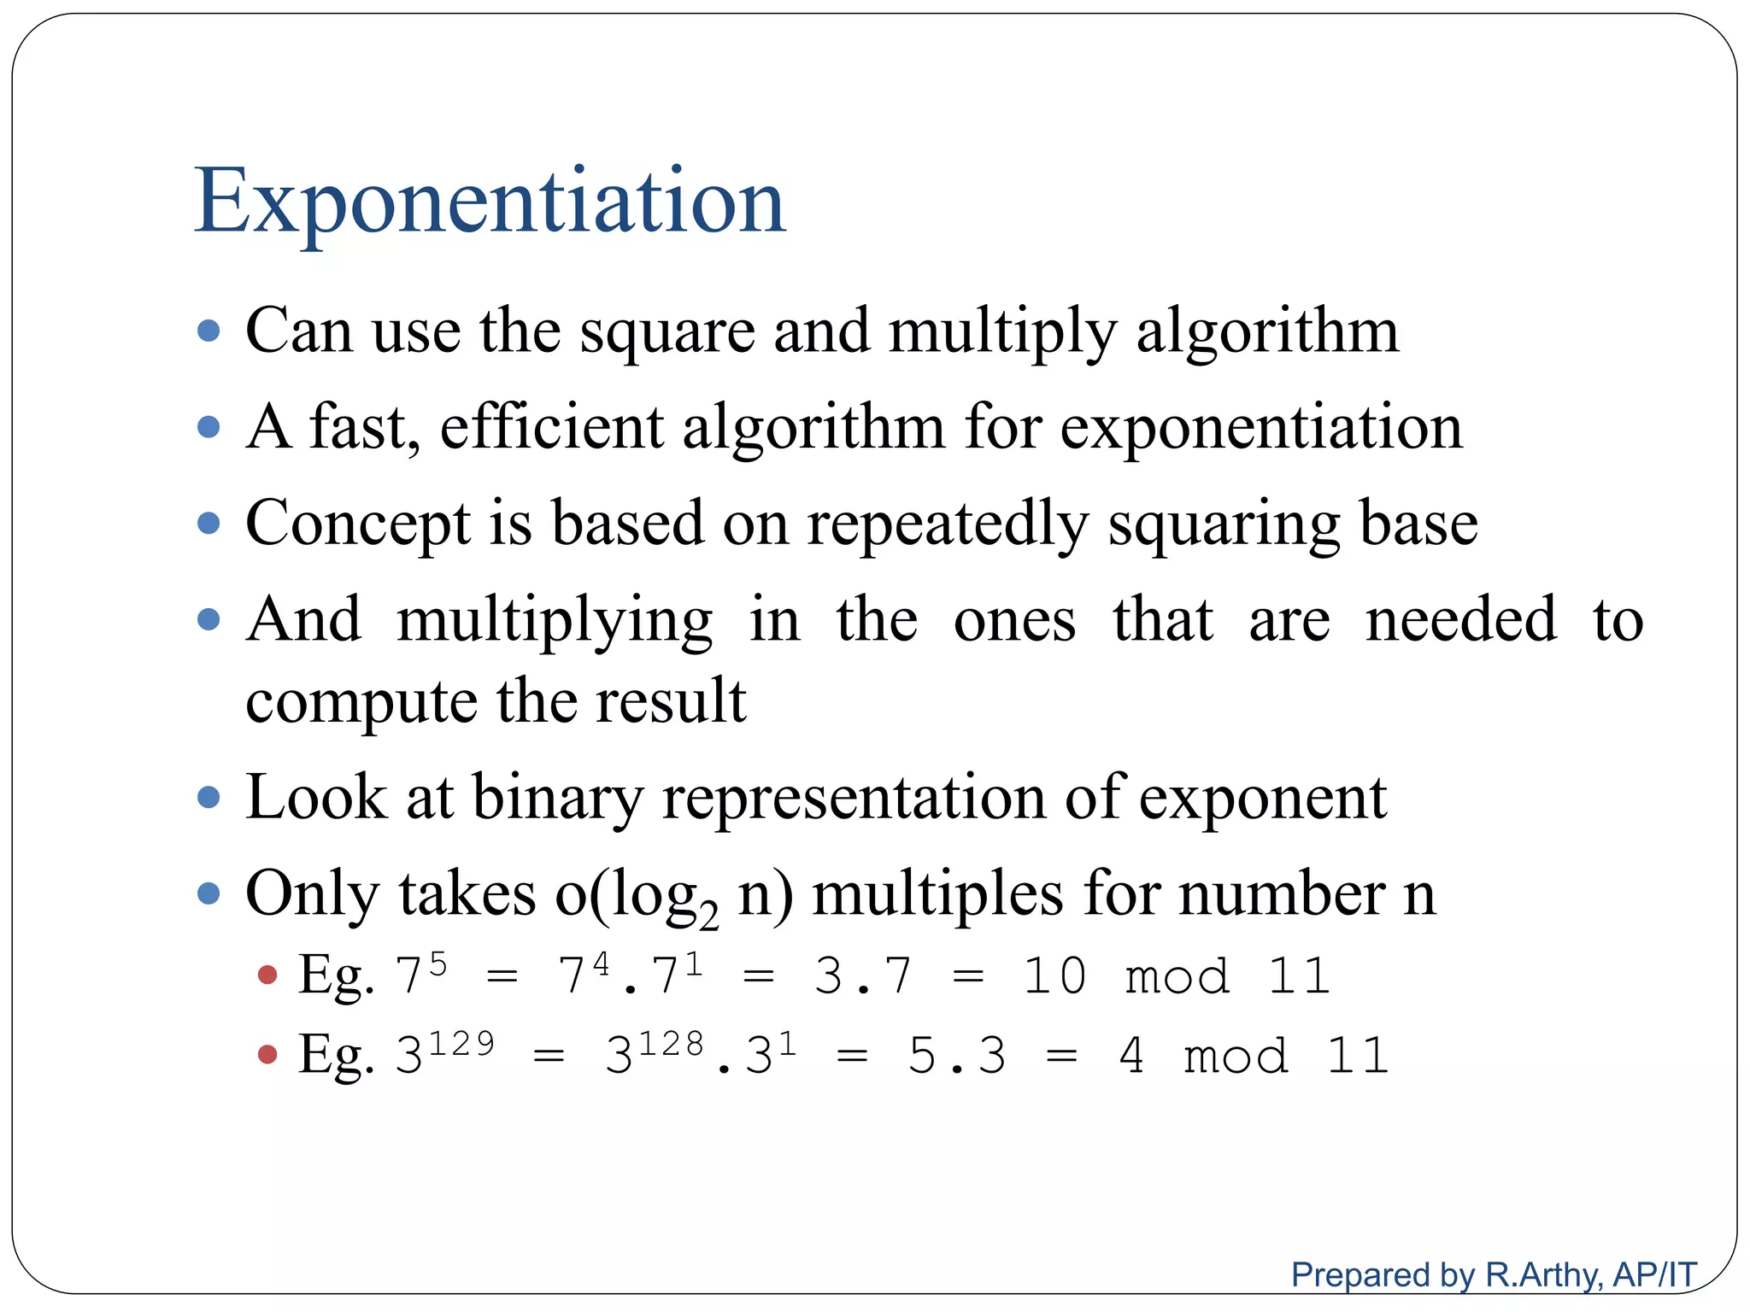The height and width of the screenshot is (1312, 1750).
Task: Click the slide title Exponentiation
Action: tap(490, 202)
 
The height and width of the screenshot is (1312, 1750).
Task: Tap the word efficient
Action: tap(551, 427)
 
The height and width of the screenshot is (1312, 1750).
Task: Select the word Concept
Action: tap(357, 524)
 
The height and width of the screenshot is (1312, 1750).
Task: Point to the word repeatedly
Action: tap(948, 524)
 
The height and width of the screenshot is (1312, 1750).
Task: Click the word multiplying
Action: tap(555, 621)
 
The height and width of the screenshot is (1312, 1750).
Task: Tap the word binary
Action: tap(556, 799)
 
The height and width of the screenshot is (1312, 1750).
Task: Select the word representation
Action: tap(854, 799)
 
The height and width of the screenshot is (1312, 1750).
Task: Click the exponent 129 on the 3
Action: tap(461, 1044)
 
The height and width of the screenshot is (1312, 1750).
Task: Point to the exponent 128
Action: tap(671, 1044)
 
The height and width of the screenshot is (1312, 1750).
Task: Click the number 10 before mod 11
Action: tap(1054, 975)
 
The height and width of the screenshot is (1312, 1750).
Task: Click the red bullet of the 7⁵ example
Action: tap(267, 975)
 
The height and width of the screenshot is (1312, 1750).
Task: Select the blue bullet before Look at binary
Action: tap(208, 798)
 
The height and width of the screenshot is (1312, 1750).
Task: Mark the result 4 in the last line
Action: tap(1131, 1056)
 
